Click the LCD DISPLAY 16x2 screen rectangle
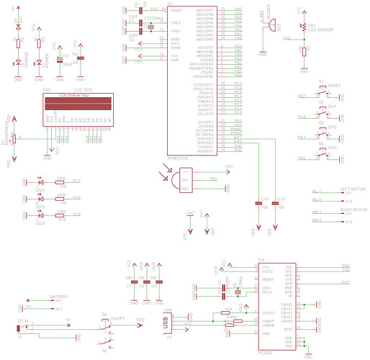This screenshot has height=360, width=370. click(76, 103)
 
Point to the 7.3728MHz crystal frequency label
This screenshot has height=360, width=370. click(152, 17)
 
